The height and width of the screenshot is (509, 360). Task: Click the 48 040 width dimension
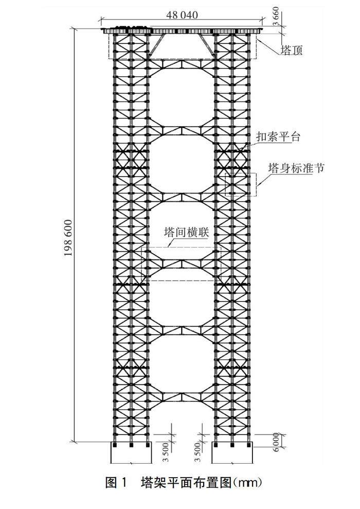[182, 15]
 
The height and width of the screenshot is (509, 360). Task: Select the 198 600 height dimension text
[68, 238]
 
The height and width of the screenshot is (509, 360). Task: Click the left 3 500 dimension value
[167, 451]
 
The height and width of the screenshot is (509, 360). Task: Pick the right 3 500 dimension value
[199, 452]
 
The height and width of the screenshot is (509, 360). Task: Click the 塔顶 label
[292, 50]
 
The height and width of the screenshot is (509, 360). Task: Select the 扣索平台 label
[278, 136]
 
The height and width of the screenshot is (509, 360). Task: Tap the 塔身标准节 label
[296, 168]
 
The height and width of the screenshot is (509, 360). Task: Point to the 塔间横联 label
[186, 233]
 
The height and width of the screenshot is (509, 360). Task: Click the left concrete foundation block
[131, 452]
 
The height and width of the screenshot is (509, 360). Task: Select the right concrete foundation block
[232, 452]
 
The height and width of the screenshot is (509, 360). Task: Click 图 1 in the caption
[116, 483]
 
